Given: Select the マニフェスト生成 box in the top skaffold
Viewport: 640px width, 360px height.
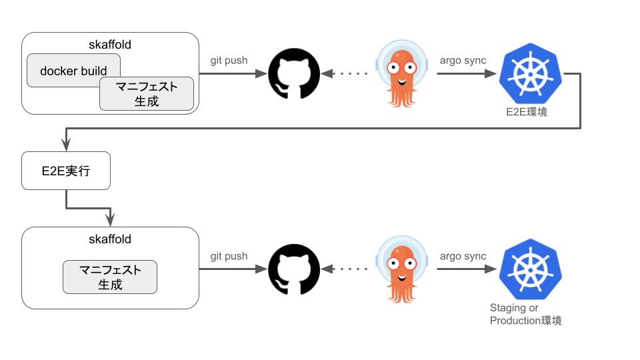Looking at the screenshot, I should pos(147,94).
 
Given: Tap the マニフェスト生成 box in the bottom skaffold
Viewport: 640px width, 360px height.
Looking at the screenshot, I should pos(110,277).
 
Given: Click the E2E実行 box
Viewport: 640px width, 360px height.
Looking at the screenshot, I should pos(65,171).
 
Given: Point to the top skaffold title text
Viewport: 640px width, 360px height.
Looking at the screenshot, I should pos(110,45).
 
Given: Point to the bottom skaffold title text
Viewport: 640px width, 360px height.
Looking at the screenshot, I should pos(110,239).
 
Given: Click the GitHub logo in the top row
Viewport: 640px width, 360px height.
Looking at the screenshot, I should pos(293,73).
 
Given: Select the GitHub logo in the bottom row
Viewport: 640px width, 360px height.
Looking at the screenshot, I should pos(293,269).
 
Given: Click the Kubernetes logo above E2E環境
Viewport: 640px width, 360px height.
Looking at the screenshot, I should pos(531,73).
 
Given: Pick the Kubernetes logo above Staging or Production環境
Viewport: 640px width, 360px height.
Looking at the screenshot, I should pos(531,269).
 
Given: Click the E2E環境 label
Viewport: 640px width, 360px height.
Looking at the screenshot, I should pos(527,112).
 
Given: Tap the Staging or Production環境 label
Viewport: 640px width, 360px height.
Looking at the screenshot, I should pos(525,314).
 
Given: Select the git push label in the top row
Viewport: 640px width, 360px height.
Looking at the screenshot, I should pos(229,61).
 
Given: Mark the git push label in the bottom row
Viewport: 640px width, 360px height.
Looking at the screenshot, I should pos(229,256).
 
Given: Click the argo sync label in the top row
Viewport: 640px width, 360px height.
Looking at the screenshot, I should pos(463,61).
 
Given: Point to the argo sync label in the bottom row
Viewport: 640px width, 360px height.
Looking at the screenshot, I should pos(463,256).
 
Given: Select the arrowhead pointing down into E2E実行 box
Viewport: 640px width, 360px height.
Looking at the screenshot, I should pos(66,144).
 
